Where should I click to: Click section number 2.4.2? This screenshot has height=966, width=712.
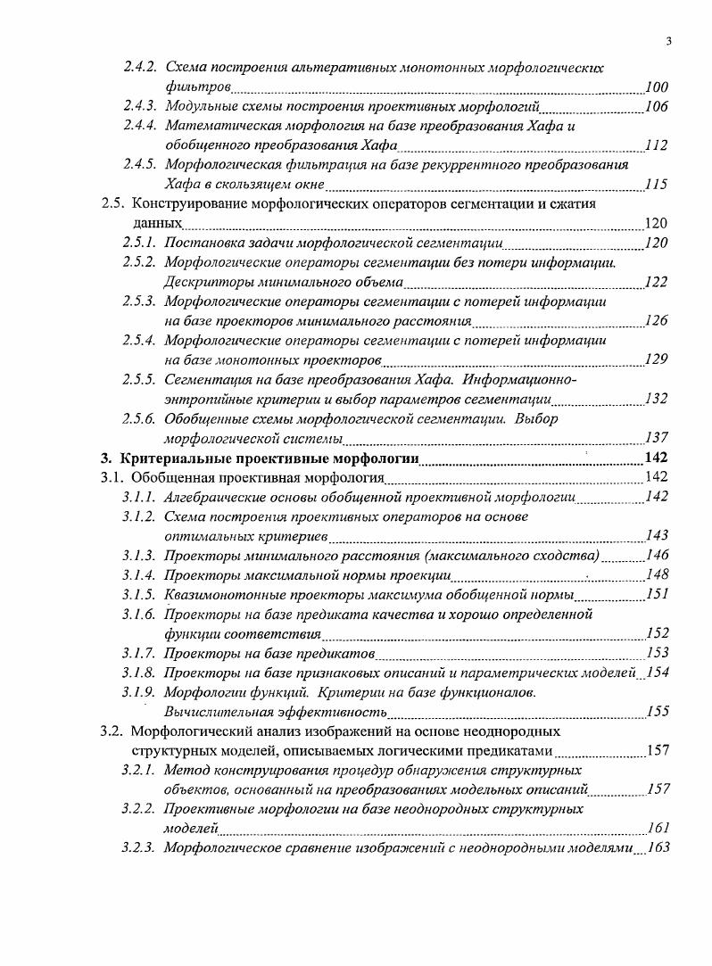click(x=140, y=68)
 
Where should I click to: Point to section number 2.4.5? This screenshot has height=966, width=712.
click(x=140, y=165)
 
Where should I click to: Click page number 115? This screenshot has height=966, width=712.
click(x=657, y=185)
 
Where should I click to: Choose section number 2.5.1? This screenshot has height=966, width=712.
click(x=140, y=243)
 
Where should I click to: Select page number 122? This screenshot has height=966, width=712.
click(x=657, y=282)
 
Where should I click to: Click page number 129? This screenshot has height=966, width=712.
click(x=657, y=359)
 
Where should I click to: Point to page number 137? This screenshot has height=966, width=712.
click(x=657, y=437)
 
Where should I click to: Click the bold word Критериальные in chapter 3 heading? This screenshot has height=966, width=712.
click(x=168, y=458)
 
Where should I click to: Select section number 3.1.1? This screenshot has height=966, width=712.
click(x=140, y=497)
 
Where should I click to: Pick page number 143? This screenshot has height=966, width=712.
click(x=657, y=535)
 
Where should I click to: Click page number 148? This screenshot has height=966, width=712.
click(x=657, y=574)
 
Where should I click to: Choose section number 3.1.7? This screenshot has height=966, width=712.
click(x=140, y=653)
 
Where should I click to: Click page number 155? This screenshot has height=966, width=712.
click(x=657, y=711)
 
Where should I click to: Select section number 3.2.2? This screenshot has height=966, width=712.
click(x=140, y=809)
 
